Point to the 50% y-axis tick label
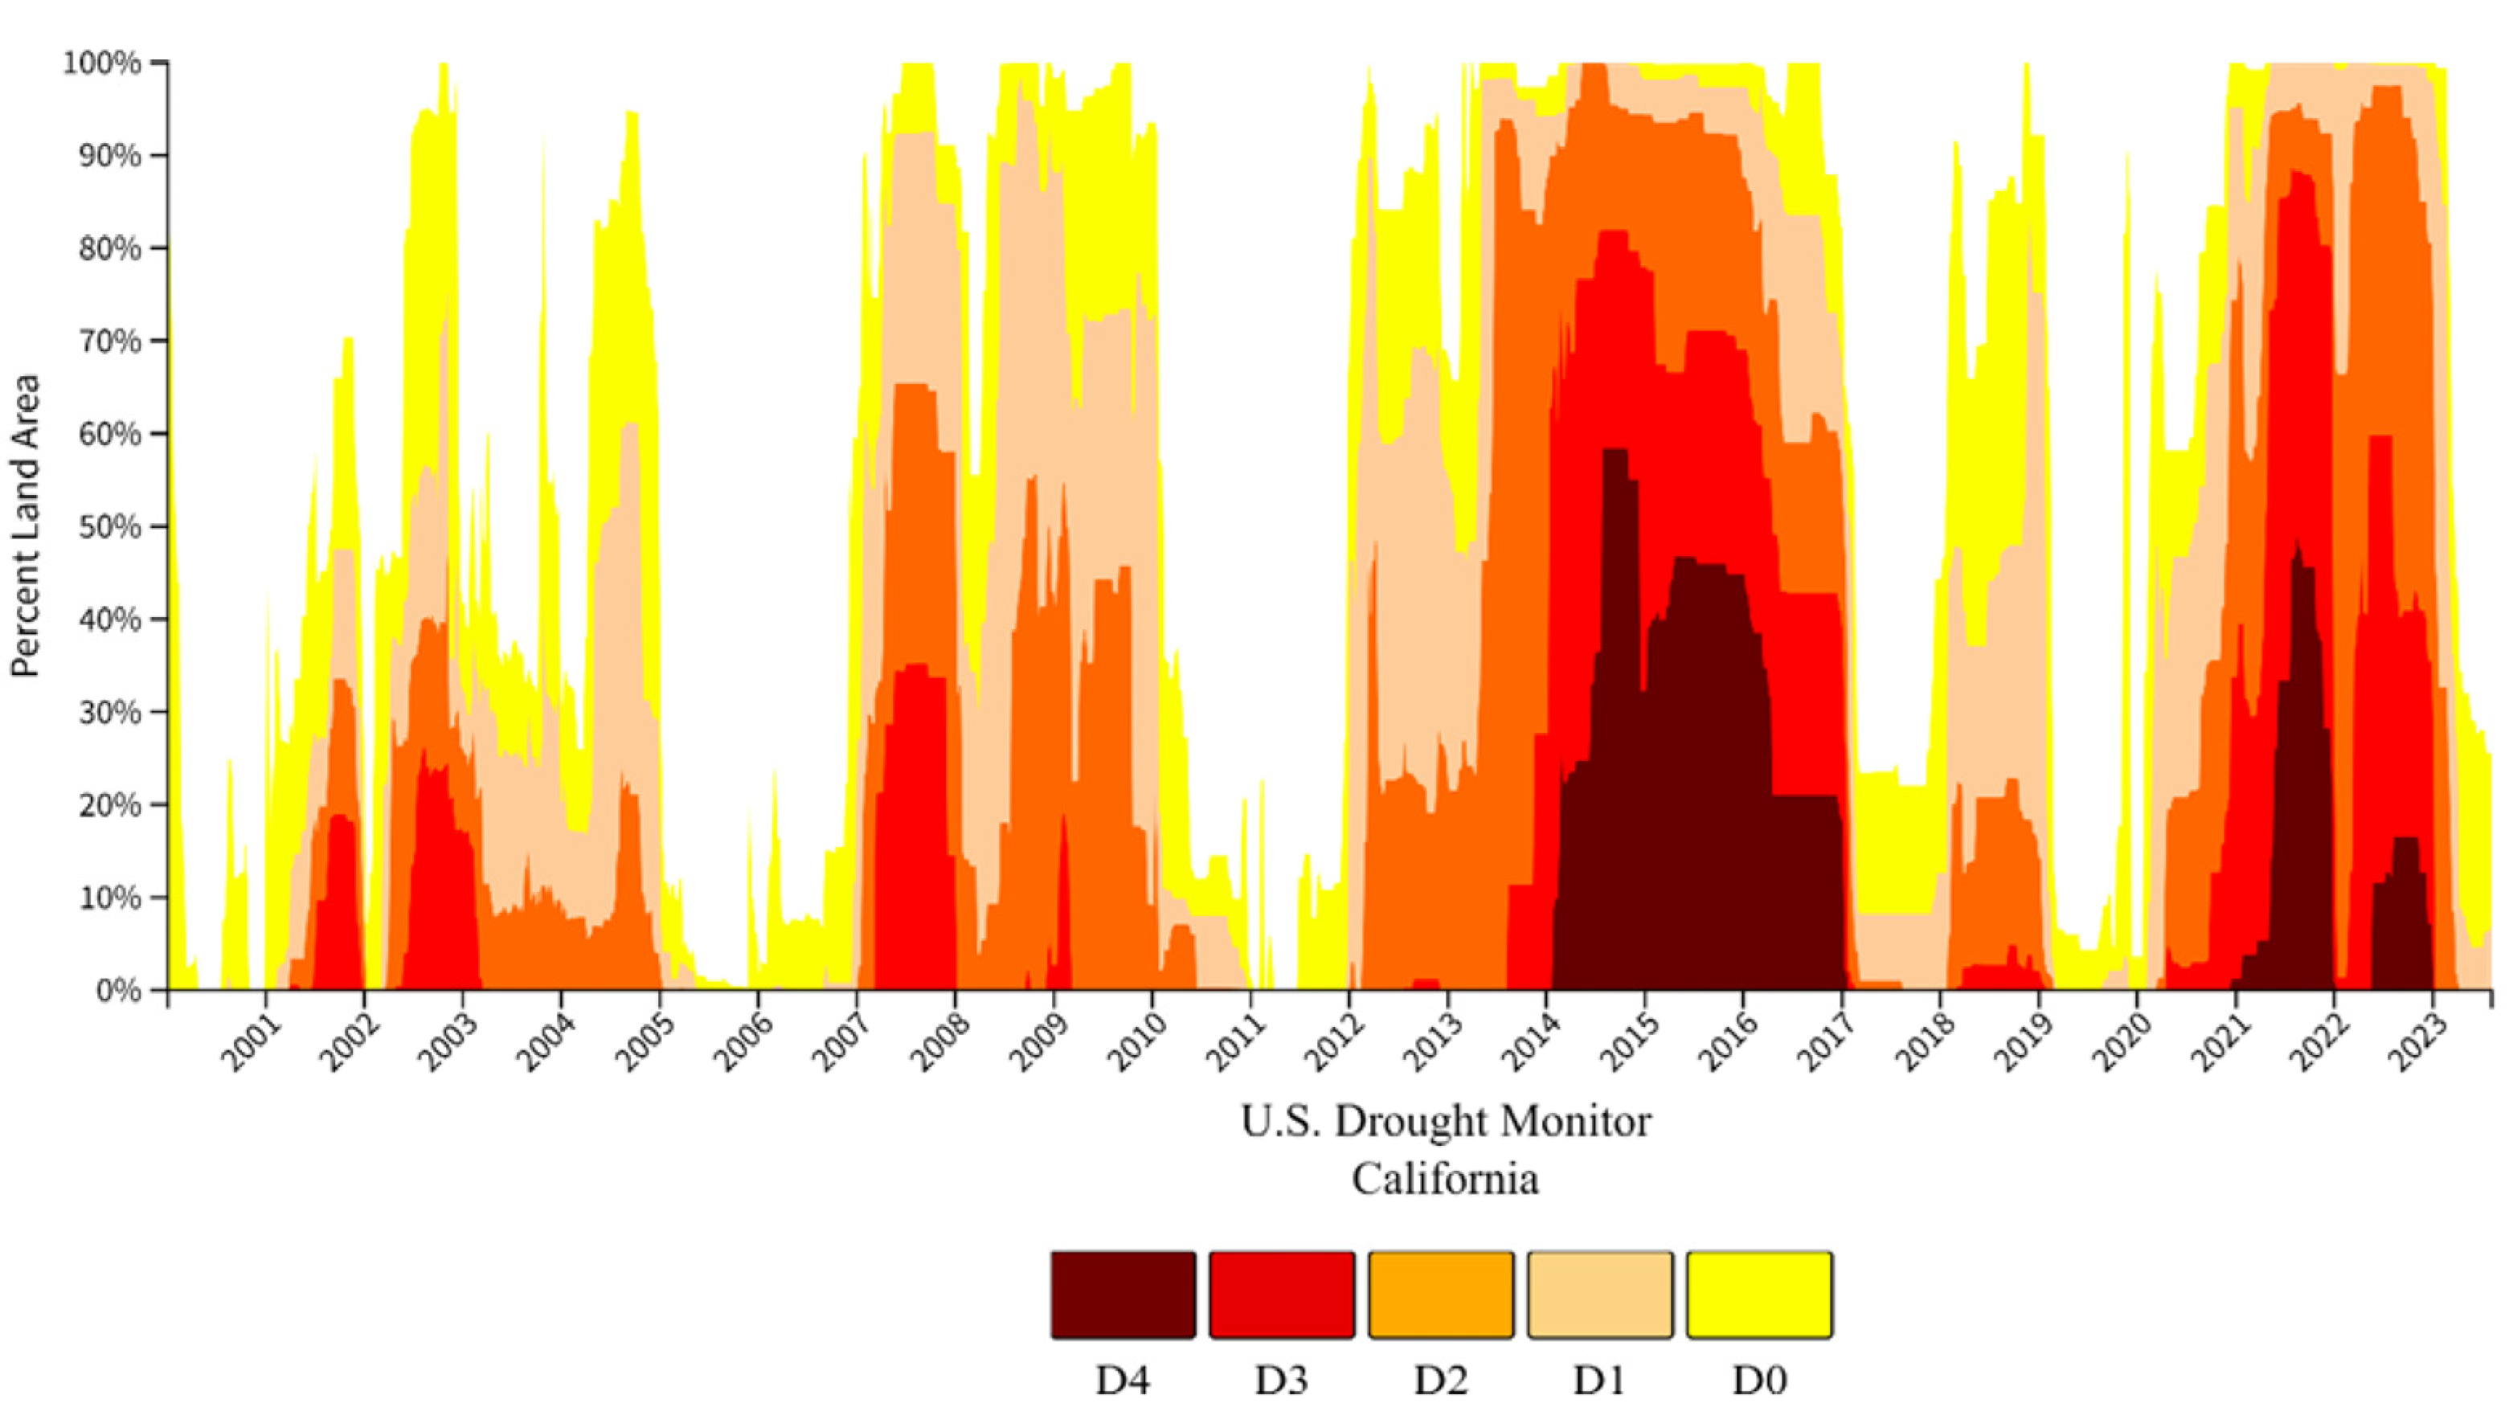click(109, 527)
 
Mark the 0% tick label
click(118, 991)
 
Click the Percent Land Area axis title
click(26, 526)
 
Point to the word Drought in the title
click(1402, 1123)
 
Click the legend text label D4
click(1123, 1380)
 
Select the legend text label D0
click(1759, 1380)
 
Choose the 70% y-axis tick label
click(109, 342)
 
